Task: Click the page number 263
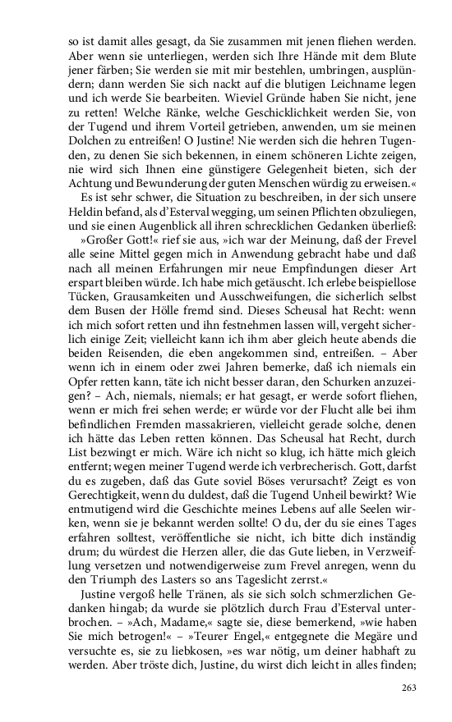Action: pos(408,688)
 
